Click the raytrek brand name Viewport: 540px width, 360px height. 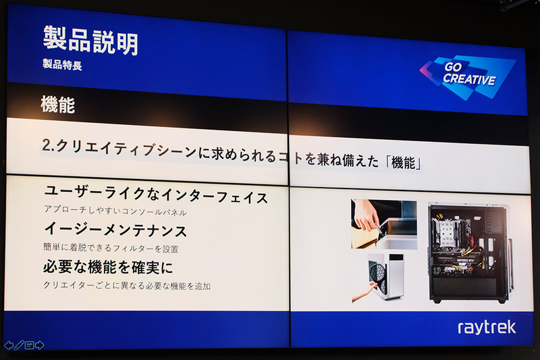pyautogui.click(x=487, y=328)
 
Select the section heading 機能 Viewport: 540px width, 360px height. pyautogui.click(x=58, y=105)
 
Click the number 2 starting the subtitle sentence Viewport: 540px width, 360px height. pyautogui.click(x=46, y=146)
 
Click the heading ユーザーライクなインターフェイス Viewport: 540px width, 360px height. pyautogui.click(x=155, y=197)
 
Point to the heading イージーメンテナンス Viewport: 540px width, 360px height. pyautogui.click(x=115, y=230)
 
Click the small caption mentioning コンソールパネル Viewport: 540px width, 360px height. pyautogui.click(x=115, y=212)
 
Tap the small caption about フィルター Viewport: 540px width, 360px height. pyautogui.click(x=111, y=249)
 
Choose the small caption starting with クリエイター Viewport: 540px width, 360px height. pyautogui.click(x=127, y=285)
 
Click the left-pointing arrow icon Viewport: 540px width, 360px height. pyautogui.click(x=8, y=345)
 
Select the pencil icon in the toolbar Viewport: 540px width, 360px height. pyautogui.click(x=19, y=345)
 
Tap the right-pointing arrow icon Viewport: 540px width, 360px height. pyautogui.click(x=39, y=345)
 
